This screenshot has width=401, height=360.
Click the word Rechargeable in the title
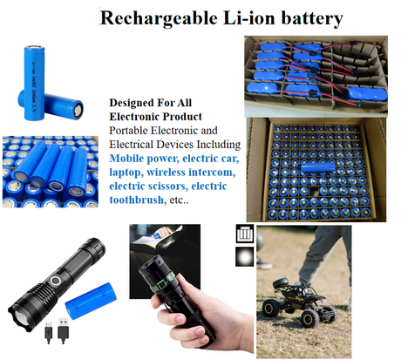coord(159,18)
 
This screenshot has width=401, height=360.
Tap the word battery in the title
coord(312,18)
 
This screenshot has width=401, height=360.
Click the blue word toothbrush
coord(136,200)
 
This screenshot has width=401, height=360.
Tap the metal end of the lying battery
coord(78,111)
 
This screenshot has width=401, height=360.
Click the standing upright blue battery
coord(34,83)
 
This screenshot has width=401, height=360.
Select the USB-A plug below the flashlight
coord(64,330)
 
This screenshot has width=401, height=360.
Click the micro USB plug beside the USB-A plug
coord(49,332)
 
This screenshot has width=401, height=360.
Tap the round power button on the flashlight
coord(55,282)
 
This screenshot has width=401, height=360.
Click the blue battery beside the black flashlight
coord(91,301)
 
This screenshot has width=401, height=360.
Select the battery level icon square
coord(245,234)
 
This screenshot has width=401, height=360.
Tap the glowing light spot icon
coord(244,257)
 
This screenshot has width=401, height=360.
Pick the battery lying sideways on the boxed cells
coord(318,167)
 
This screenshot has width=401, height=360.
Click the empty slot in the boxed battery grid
coord(315,191)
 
